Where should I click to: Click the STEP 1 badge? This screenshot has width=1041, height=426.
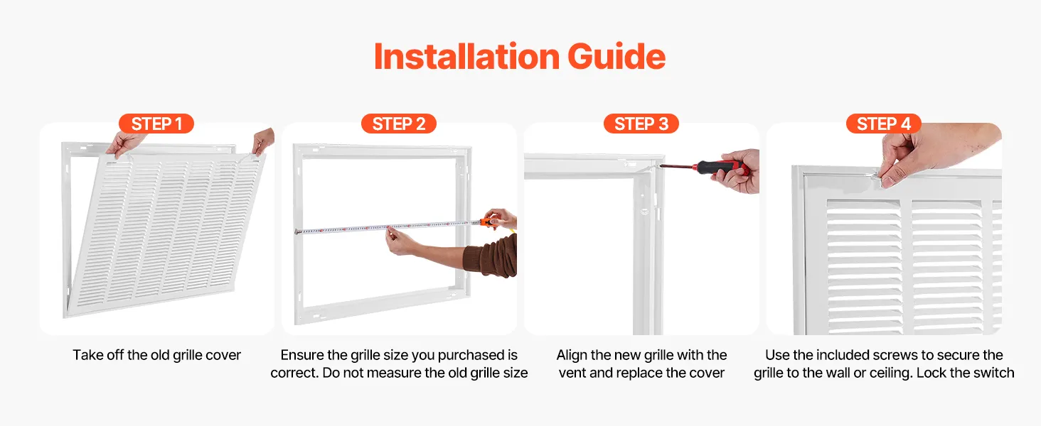156,124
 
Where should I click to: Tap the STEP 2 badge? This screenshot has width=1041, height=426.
399,124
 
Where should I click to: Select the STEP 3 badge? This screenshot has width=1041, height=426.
641,124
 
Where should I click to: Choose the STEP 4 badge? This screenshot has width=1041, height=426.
883,124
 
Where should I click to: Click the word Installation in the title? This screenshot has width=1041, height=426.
466,57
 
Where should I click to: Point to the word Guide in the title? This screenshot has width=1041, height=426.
616,57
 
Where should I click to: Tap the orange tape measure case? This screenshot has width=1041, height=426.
489,222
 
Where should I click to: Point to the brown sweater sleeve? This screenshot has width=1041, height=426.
491,256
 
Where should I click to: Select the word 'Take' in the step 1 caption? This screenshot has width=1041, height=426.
88,355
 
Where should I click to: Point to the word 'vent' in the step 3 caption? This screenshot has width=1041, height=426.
572,373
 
